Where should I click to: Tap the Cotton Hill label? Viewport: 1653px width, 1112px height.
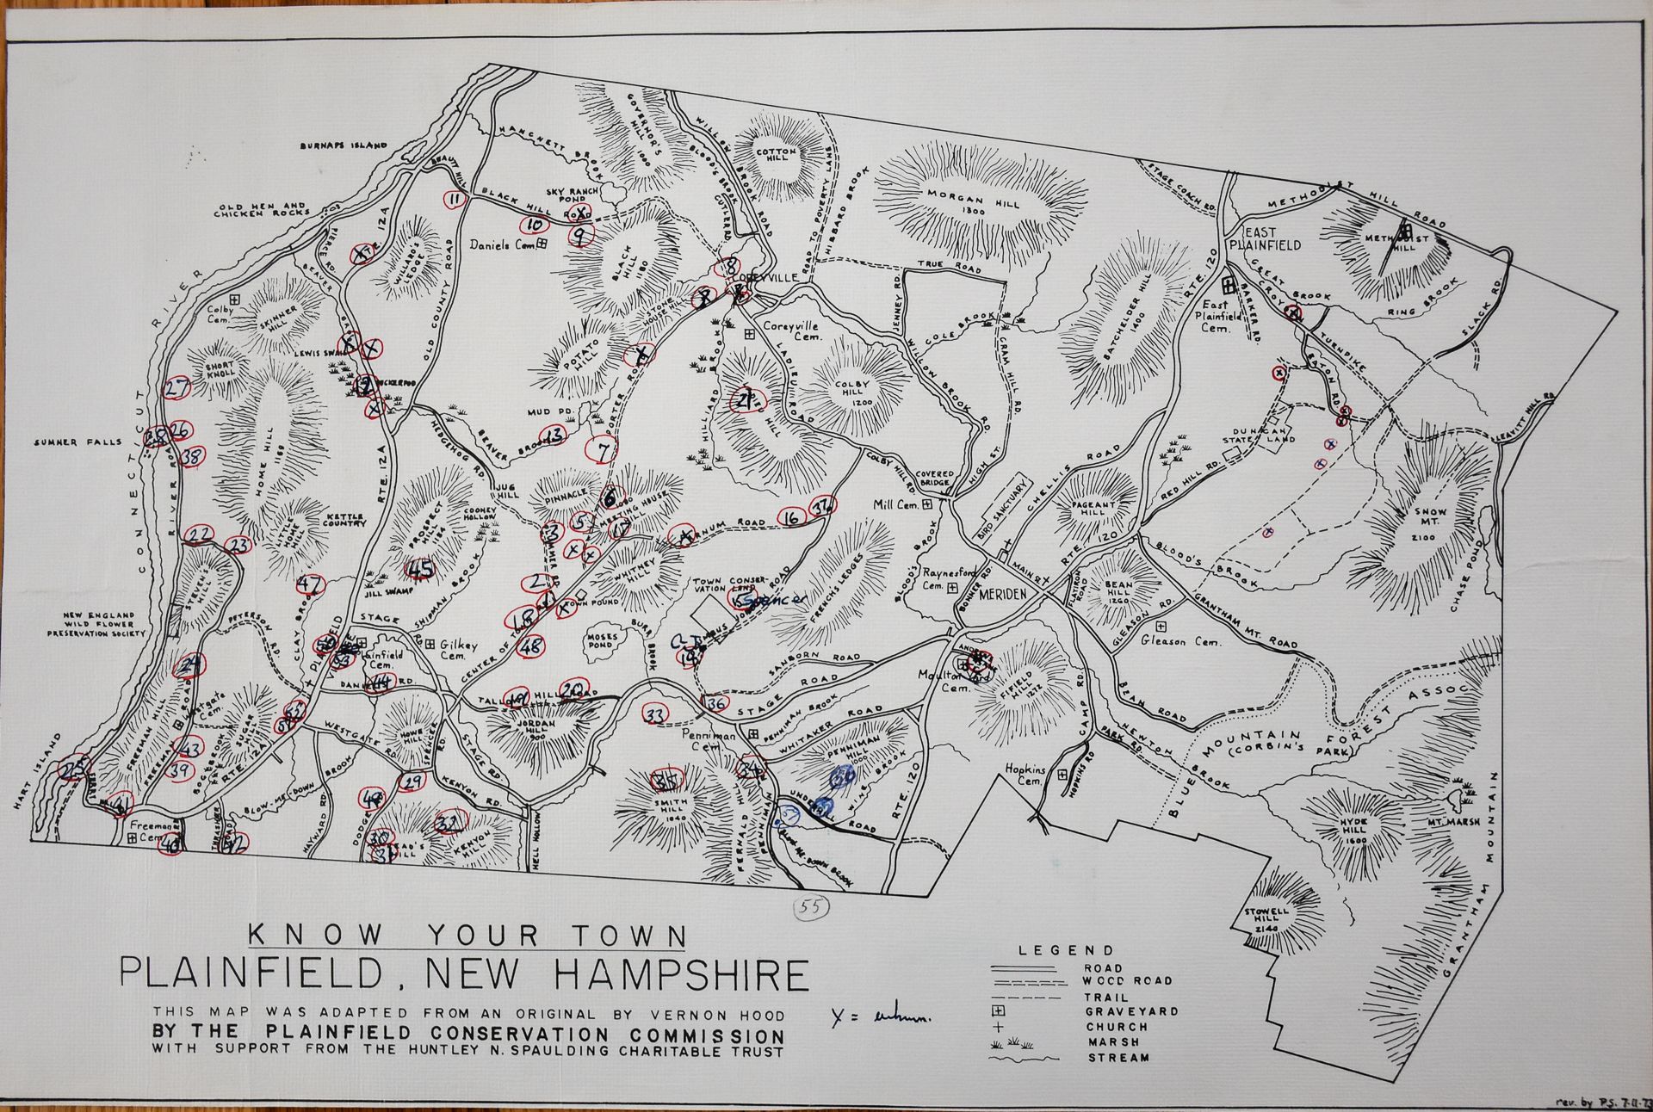778,157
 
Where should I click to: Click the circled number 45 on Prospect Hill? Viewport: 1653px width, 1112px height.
419,568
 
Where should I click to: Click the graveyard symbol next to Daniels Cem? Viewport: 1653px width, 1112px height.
542,244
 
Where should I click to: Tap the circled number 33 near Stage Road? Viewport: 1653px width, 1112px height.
655,714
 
